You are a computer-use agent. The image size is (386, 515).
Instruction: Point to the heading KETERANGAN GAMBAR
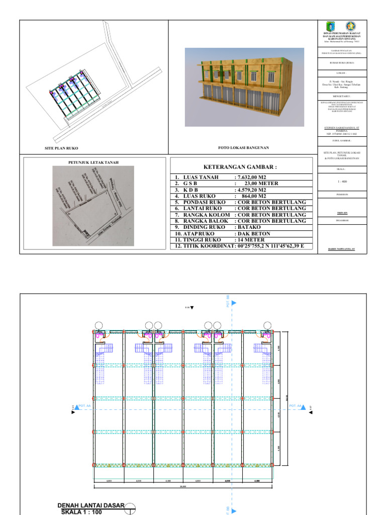(x=240, y=167)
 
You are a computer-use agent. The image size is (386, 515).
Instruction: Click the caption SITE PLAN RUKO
(x=61, y=148)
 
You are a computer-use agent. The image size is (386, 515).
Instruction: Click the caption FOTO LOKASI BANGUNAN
(x=244, y=148)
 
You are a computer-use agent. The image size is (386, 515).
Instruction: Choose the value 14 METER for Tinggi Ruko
(x=251, y=240)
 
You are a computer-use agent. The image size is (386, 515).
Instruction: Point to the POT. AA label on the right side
(x=295, y=405)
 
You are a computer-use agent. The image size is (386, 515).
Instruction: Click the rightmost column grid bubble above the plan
(x=266, y=325)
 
